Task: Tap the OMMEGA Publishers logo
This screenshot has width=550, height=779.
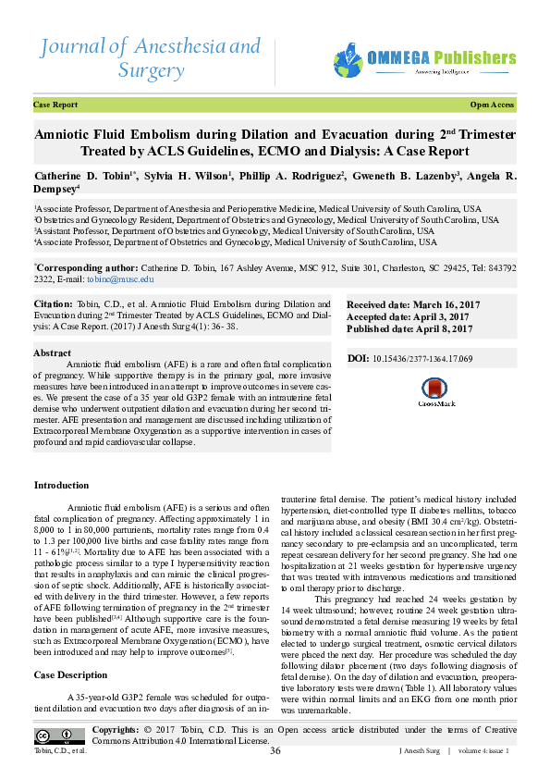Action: click(x=423, y=60)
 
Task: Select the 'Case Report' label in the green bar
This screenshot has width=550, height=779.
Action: click(x=55, y=105)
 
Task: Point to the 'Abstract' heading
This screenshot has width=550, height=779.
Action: click(x=53, y=353)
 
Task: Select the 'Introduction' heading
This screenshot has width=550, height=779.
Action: click(x=61, y=486)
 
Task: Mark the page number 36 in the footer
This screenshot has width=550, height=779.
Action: click(x=275, y=750)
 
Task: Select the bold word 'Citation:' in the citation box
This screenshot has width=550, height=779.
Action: click(x=53, y=303)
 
